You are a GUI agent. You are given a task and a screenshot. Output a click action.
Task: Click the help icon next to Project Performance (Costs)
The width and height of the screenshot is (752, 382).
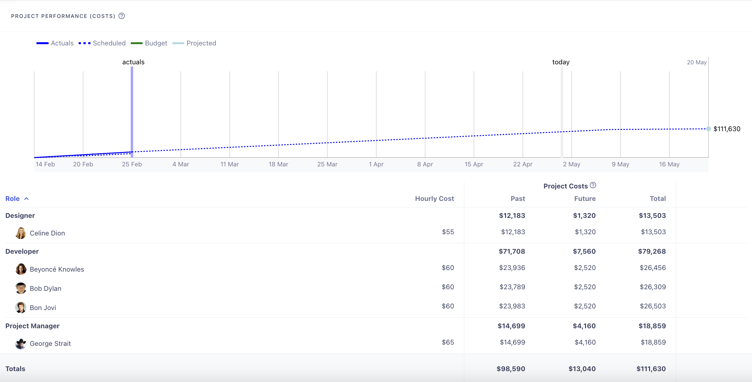click(x=121, y=16)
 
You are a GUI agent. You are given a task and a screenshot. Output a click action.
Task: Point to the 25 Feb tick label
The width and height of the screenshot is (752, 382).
click(x=132, y=164)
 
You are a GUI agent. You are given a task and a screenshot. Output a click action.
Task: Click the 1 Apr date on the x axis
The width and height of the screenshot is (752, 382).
click(x=376, y=164)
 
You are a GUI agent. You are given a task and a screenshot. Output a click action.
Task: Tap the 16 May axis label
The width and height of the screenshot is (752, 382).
click(x=669, y=164)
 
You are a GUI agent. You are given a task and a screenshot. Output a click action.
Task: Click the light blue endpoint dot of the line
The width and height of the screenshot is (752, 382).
click(x=708, y=129)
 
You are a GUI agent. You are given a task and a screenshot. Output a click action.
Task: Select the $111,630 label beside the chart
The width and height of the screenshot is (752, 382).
click(x=727, y=129)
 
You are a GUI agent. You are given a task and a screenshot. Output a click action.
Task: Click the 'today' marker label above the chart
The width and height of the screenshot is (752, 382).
click(x=561, y=62)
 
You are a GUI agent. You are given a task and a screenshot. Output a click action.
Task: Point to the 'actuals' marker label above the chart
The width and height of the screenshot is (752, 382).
click(x=133, y=62)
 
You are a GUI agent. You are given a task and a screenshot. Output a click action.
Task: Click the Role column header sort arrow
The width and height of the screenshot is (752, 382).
click(x=27, y=199)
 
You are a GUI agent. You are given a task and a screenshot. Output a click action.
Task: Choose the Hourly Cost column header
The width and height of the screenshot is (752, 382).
click(x=434, y=199)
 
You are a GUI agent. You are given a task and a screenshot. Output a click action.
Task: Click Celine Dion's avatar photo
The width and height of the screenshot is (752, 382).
click(x=21, y=233)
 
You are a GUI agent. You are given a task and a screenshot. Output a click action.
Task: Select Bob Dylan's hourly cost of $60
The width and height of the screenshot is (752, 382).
click(x=448, y=287)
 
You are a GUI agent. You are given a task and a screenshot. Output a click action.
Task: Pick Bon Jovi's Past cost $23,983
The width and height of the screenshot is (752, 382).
click(x=512, y=306)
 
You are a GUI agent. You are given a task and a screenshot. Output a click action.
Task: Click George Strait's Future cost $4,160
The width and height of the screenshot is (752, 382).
click(x=585, y=342)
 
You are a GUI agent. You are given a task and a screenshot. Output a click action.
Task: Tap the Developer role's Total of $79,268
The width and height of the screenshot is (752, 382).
click(x=652, y=251)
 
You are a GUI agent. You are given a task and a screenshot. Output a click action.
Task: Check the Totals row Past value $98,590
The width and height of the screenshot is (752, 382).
click(x=511, y=369)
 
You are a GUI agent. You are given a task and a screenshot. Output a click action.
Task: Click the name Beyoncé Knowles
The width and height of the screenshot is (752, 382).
click(x=57, y=269)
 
